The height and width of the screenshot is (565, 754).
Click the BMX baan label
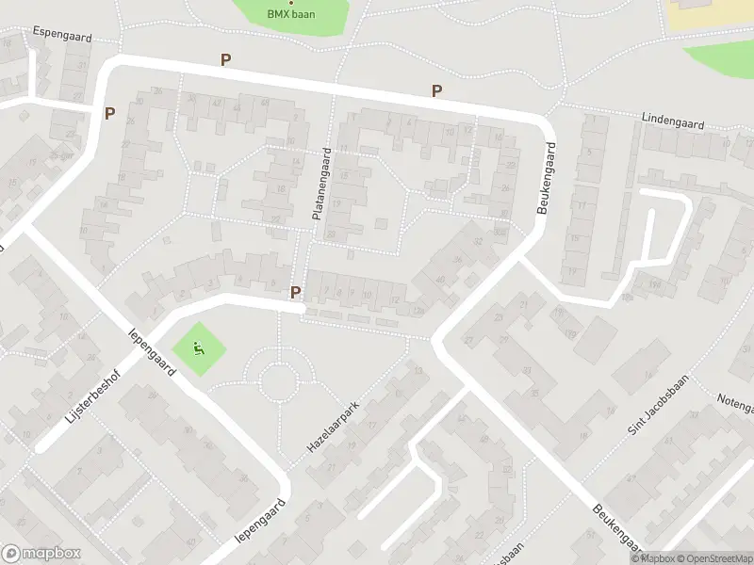point(291,14)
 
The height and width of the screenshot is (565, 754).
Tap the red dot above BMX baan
point(290,3)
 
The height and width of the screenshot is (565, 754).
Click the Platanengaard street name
point(321,185)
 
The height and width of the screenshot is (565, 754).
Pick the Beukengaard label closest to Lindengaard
point(546,178)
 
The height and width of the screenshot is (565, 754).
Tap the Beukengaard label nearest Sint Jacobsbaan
point(615,528)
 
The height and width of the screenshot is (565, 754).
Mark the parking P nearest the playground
point(296,292)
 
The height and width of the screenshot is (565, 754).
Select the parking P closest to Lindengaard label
point(437,90)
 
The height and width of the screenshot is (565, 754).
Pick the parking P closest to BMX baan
point(225,59)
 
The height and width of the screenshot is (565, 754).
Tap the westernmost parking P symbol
point(109,113)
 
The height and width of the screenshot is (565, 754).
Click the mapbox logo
point(41,554)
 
